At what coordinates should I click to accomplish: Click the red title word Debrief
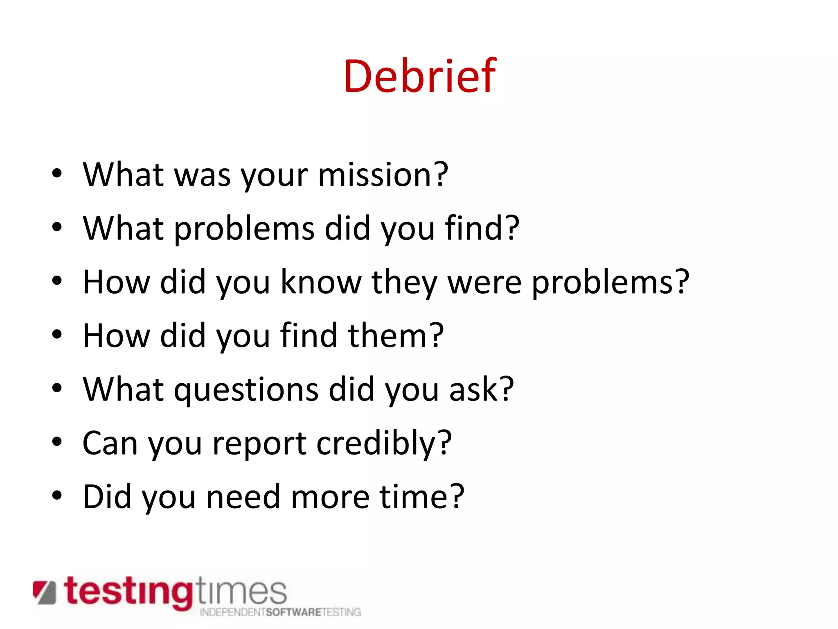click(420, 76)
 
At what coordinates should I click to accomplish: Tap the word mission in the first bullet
click(383, 175)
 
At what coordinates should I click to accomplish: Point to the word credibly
click(384, 443)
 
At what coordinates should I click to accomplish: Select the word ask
click(481, 389)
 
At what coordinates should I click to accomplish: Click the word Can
click(110, 443)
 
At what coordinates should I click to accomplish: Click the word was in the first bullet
click(203, 176)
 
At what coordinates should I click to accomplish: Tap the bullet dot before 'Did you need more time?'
click(57, 496)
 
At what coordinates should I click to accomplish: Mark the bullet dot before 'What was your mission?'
click(57, 174)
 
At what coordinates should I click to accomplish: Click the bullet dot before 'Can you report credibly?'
click(57, 442)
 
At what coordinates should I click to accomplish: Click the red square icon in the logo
click(44, 592)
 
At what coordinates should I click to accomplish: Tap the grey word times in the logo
click(241, 591)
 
